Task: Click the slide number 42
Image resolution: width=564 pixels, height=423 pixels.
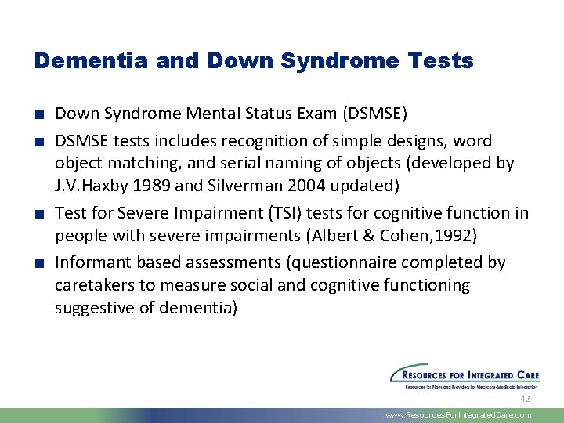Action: (525, 399)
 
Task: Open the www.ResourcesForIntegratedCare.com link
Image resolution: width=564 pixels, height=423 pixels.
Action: (458, 415)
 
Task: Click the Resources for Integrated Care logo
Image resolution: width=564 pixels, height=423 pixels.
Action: (465, 375)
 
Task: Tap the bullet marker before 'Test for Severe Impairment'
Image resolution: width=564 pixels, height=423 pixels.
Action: (39, 214)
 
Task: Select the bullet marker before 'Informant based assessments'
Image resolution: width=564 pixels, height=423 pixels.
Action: (39, 263)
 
